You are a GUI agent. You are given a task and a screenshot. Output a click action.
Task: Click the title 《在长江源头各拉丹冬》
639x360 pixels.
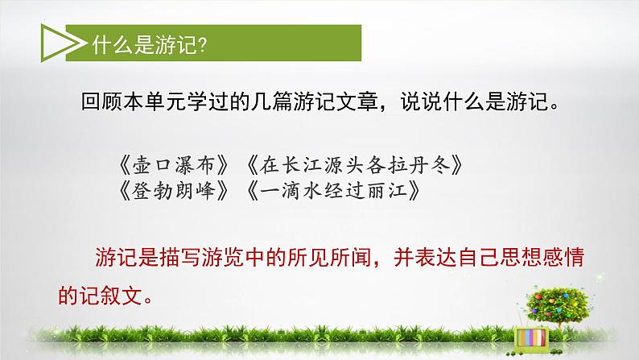(354, 165)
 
